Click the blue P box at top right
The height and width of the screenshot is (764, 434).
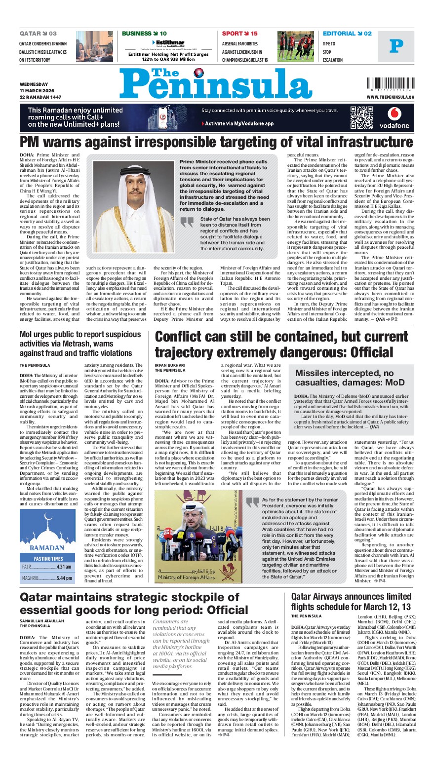pos(396,46)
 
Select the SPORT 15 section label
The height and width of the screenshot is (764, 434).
pos(239,34)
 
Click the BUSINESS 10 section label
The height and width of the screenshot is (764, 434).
pos(144,34)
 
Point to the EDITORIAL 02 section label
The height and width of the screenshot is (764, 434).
pos(347,34)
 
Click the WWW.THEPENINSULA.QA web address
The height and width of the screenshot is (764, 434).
pos(390,98)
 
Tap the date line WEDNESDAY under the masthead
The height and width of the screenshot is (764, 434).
pos(34,84)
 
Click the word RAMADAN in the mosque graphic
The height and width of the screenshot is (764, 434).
pos(47,548)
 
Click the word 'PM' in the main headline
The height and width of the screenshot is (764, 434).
pos(33,143)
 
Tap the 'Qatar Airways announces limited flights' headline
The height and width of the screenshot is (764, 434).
pos(351,602)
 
